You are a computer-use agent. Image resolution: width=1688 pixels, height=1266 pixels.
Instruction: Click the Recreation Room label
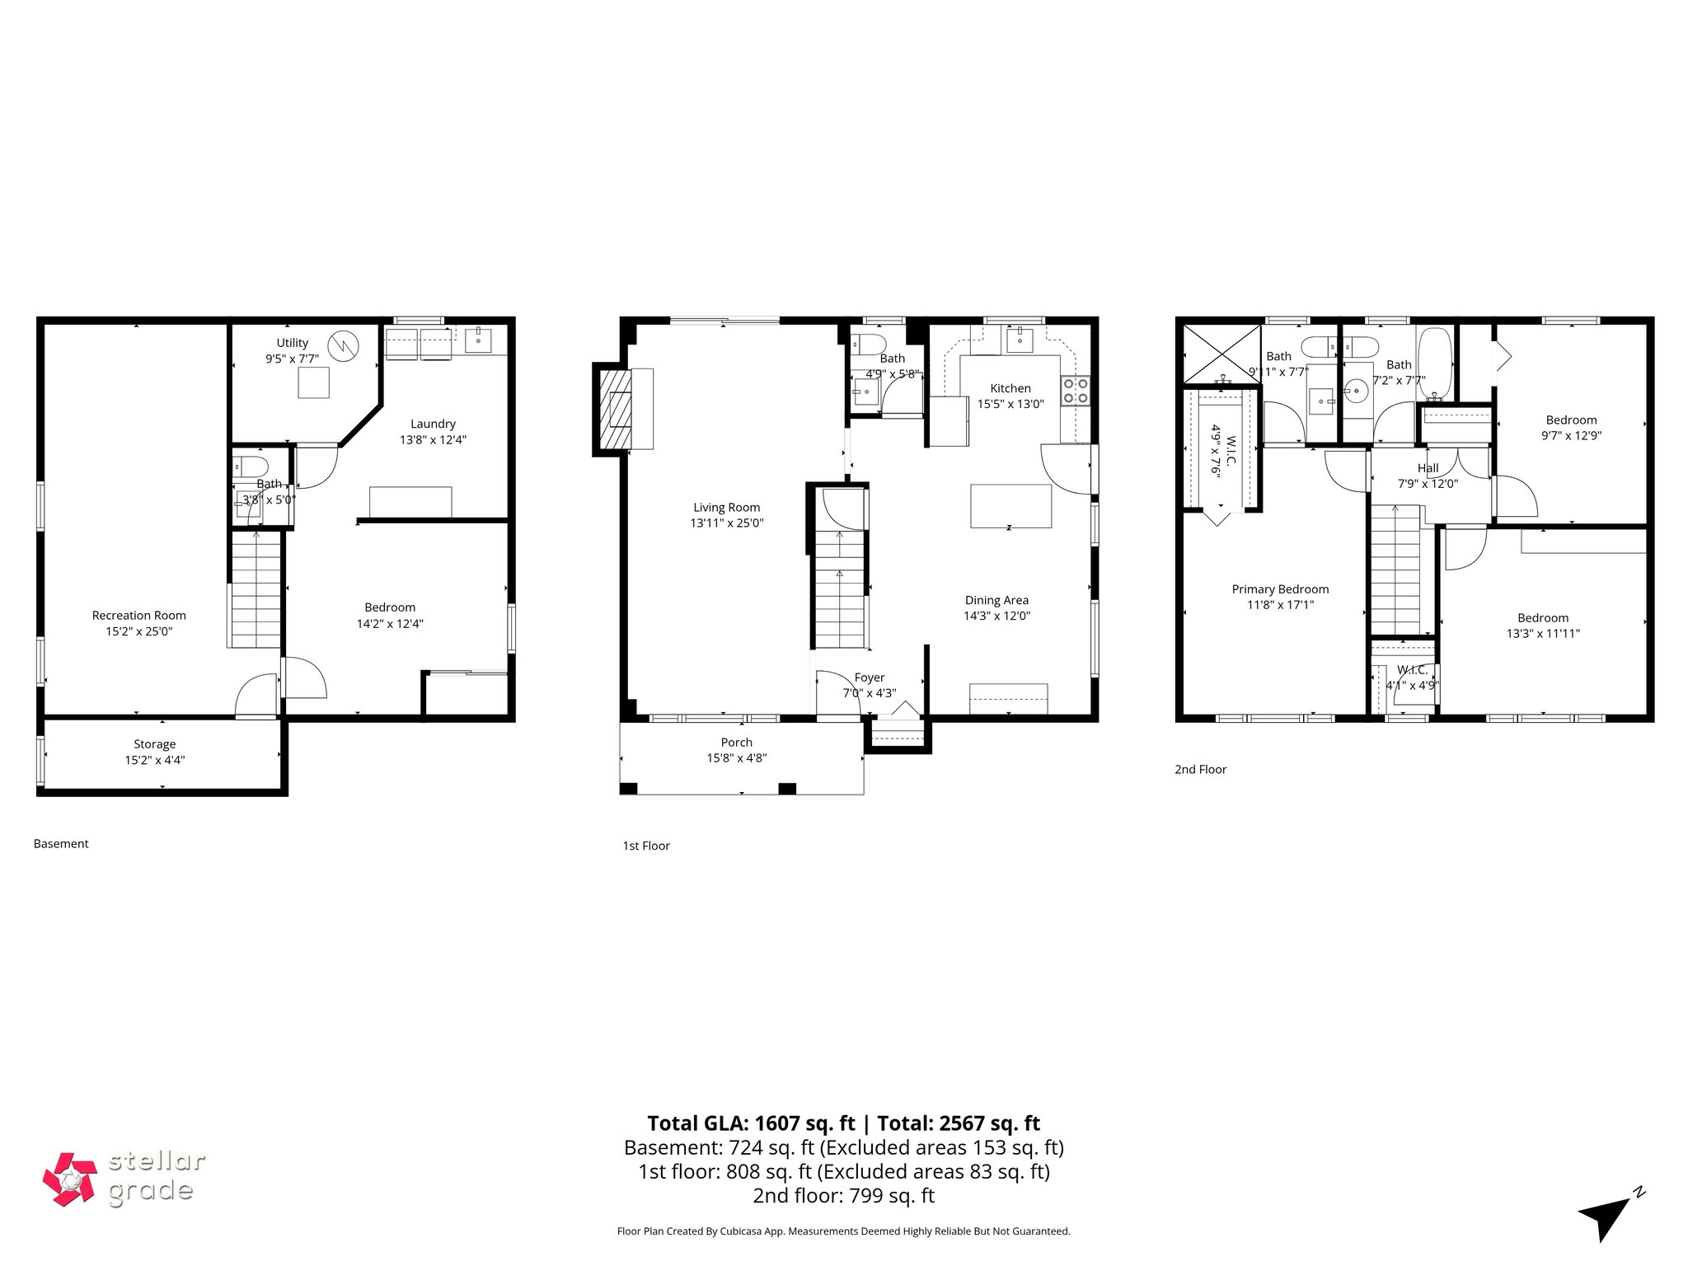click(x=138, y=615)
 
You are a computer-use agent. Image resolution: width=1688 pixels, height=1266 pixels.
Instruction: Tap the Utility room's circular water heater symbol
click(x=340, y=343)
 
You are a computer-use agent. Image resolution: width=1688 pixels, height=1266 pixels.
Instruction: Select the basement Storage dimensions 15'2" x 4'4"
click(x=154, y=760)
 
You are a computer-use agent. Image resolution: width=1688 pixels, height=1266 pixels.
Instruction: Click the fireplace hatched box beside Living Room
click(x=614, y=409)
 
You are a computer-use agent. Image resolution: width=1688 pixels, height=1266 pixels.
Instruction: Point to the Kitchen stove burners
click(x=1076, y=390)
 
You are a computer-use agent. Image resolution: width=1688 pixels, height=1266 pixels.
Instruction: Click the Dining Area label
click(x=996, y=600)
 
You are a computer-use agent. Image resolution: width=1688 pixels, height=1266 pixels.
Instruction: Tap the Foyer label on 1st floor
click(x=869, y=678)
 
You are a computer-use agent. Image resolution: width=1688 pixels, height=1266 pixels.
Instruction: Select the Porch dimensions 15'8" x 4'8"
click(x=736, y=758)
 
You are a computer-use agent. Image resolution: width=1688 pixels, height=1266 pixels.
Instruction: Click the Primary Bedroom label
click(x=1279, y=589)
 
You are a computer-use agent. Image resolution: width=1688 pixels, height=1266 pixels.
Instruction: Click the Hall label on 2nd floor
click(x=1428, y=468)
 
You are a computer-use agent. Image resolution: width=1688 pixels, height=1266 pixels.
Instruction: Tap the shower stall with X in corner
click(x=1221, y=354)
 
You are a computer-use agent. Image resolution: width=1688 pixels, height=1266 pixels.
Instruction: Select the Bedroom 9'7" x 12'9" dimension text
click(x=1571, y=435)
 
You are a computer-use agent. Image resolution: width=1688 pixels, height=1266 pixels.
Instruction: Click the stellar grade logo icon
click(x=70, y=1179)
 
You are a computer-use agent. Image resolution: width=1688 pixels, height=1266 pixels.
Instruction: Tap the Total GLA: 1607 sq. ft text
click(x=752, y=1123)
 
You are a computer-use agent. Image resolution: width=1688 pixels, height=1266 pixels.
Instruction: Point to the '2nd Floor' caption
click(x=1200, y=769)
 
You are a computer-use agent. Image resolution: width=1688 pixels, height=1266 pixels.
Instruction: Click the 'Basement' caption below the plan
click(x=61, y=843)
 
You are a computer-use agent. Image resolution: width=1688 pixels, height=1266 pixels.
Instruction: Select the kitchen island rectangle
click(x=1010, y=506)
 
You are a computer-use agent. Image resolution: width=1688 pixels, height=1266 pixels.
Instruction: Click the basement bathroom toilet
click(x=249, y=466)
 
